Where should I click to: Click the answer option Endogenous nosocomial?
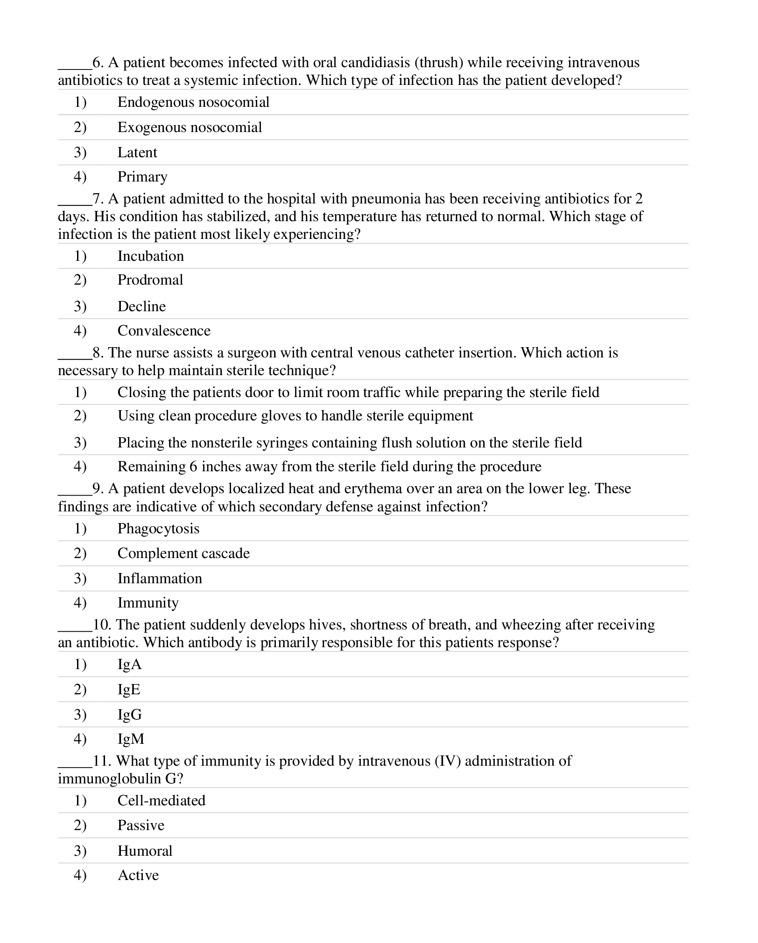193,102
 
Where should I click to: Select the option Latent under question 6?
137,153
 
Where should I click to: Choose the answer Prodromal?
150,280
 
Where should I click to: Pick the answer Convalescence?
164,331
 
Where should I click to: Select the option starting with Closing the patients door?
358,392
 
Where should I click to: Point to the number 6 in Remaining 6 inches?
193,467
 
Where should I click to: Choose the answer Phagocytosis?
158,529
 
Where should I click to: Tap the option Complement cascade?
183,553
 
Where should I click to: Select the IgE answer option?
129,690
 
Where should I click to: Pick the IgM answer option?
131,739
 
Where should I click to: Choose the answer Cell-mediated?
161,801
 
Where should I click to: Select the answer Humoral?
145,851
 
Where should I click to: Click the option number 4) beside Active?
80,875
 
